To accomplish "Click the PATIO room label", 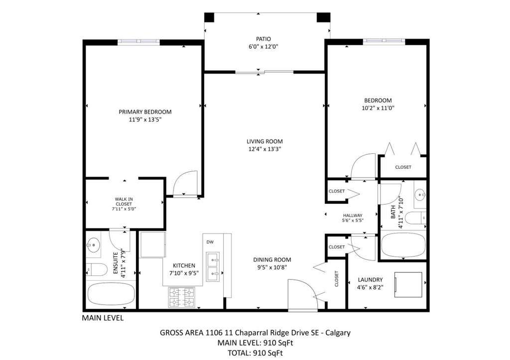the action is click(263, 39).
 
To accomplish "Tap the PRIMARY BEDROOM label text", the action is click(145, 112).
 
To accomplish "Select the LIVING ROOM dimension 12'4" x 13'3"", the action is click(264, 149).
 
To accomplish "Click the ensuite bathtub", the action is click(111, 294).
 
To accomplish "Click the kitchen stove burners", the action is click(181, 297).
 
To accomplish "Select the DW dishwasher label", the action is click(210, 242).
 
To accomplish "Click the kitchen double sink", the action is click(213, 267).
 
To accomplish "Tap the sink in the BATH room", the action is click(420, 195).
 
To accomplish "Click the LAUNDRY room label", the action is click(370, 280).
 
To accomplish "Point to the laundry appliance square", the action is click(408, 284).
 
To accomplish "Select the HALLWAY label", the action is click(353, 215).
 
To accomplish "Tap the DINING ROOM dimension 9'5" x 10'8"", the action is click(272, 267).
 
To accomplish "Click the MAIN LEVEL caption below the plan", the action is click(103, 318).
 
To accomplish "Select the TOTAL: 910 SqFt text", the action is click(255, 353).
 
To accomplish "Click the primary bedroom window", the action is click(138, 42).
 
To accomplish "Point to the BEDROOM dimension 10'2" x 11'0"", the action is click(378, 108).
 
